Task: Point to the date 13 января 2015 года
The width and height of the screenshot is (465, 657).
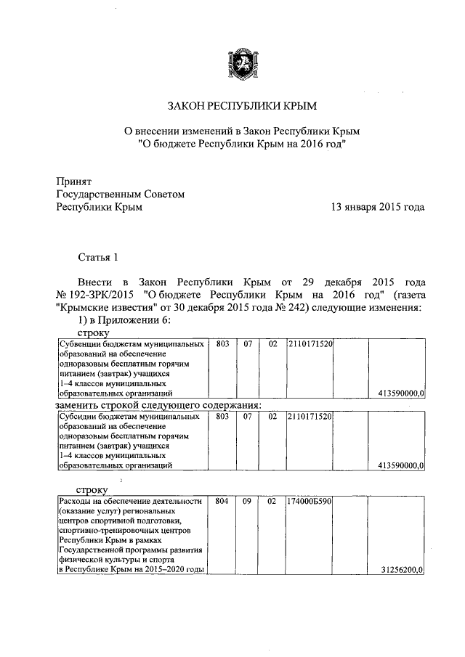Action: point(377,207)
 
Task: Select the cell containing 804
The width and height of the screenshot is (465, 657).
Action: point(222,502)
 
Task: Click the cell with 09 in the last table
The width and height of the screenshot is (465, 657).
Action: point(247,502)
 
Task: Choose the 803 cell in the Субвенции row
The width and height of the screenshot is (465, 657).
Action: point(222,343)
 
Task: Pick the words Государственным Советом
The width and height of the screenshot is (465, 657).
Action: point(121,194)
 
